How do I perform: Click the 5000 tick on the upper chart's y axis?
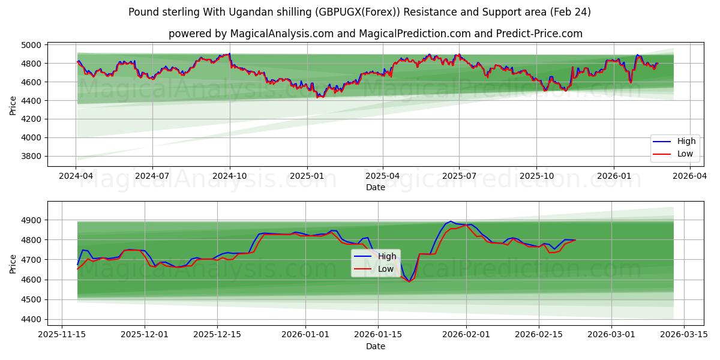(x=31, y=45)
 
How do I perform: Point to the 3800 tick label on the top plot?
(x=31, y=156)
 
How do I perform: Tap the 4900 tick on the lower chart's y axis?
(x=31, y=220)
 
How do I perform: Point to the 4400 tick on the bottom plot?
(x=31, y=319)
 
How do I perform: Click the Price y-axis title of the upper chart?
(x=13, y=106)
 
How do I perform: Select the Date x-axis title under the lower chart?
(x=376, y=346)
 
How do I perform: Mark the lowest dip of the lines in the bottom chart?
(x=409, y=281)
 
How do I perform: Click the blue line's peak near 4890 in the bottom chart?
(x=451, y=221)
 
